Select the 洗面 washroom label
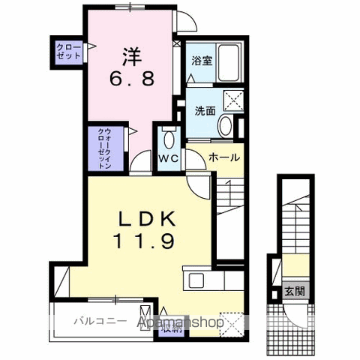[x=205, y=110]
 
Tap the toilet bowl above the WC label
[x=167, y=140]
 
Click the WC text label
[x=167, y=160]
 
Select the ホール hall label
[x=223, y=157]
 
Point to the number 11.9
[x=145, y=243]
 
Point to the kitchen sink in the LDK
[x=197, y=281]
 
